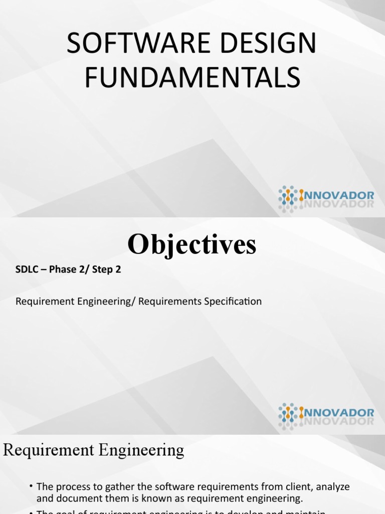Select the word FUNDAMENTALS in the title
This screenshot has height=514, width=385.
pos(192,79)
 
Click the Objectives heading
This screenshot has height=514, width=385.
pos(192,245)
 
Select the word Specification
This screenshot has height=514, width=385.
pos(232,302)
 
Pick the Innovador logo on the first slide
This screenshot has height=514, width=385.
pos(326,197)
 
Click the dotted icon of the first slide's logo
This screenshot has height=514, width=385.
pos(288,196)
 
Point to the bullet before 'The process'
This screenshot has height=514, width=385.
pos(32,486)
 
